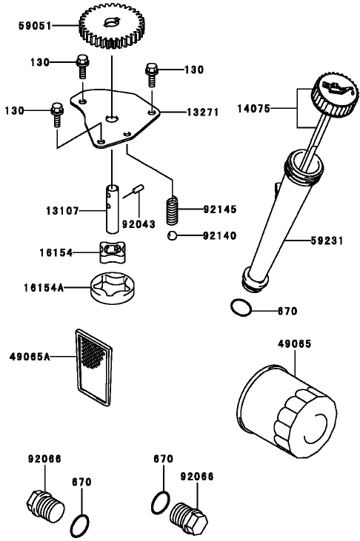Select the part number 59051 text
pyautogui.click(x=36, y=26)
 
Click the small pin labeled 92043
pyautogui.click(x=136, y=194)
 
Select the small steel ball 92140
pyautogui.click(x=171, y=235)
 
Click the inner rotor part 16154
pyautogui.click(x=110, y=252)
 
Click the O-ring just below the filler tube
pyautogui.click(x=241, y=307)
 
